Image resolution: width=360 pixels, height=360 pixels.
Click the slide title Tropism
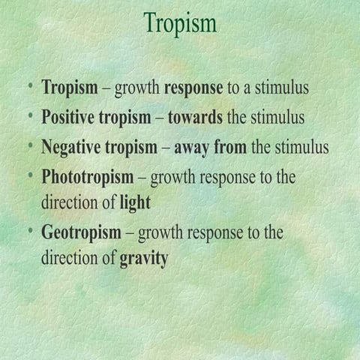click(x=180, y=22)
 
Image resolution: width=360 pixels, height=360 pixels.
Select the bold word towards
click(x=195, y=117)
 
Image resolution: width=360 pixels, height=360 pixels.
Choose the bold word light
click(x=135, y=202)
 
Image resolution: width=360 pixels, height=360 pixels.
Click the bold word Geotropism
click(x=81, y=232)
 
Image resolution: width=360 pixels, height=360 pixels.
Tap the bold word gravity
click(x=144, y=259)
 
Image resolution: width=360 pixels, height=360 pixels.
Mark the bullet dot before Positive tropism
click(x=30, y=115)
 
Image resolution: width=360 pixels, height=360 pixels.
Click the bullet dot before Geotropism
click(x=30, y=231)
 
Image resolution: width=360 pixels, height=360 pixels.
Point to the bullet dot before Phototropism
click(x=30, y=176)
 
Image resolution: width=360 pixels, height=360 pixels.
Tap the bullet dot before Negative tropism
click(x=30, y=145)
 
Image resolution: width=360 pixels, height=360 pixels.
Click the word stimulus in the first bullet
click(x=282, y=88)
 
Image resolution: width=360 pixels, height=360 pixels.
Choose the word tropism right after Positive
click(x=127, y=118)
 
